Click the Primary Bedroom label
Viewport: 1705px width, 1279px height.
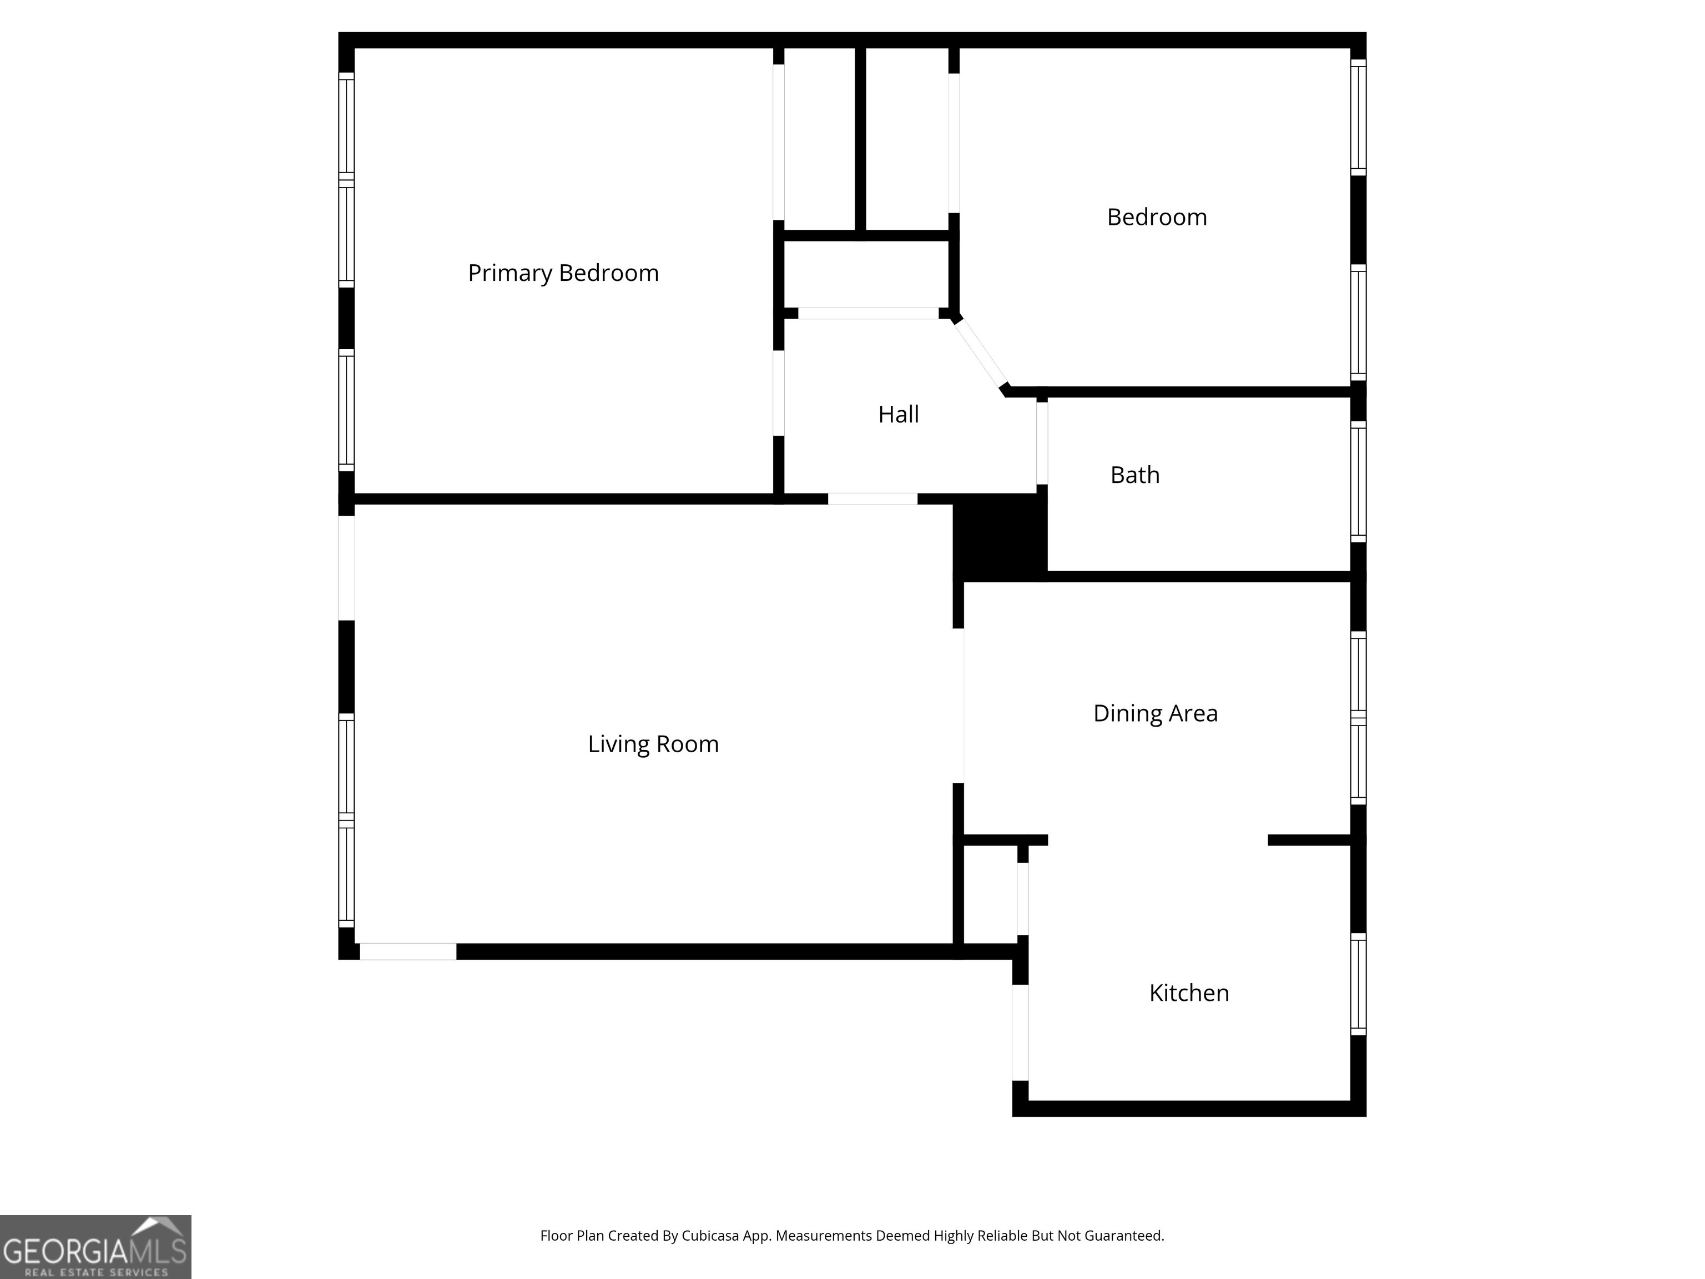tap(563, 273)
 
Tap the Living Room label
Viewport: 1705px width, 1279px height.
tap(653, 744)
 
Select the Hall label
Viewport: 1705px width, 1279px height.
tap(898, 415)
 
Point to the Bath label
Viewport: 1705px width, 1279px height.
tap(1134, 475)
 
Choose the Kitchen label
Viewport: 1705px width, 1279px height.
tap(1189, 993)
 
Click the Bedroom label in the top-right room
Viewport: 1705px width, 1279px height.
tap(1156, 218)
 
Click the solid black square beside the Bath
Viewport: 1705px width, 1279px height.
tap(1000, 537)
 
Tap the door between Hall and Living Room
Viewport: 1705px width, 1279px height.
tap(872, 499)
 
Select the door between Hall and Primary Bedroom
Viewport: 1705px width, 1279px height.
tap(779, 392)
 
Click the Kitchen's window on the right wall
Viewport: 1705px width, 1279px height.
tap(1358, 984)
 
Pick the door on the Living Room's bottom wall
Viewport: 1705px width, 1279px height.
tap(408, 951)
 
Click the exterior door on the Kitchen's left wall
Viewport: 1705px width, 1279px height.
tap(1020, 1033)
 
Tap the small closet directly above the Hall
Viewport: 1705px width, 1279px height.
tap(866, 274)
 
